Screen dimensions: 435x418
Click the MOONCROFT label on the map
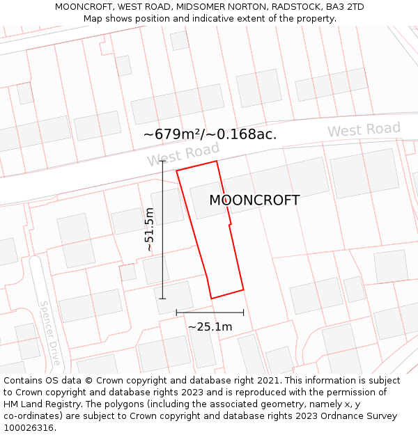coord(254,200)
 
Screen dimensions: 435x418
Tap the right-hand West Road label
coord(364,129)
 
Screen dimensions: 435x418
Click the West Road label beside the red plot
coord(183,154)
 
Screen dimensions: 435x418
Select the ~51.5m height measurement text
coord(149,230)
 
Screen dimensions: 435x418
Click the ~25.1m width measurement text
coord(210,326)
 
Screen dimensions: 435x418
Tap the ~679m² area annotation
coord(210,134)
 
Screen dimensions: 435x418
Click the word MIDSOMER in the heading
coord(199,7)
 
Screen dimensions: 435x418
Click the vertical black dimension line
coord(163,230)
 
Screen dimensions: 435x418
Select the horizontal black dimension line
coord(210,313)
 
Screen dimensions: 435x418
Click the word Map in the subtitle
coord(93,19)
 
